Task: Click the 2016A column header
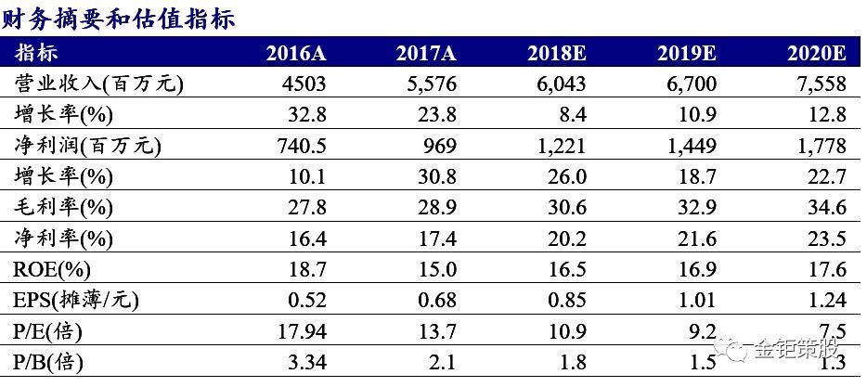pyautogui.click(x=296, y=53)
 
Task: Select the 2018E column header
pyautogui.click(x=556, y=53)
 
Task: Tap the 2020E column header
pyautogui.click(x=816, y=53)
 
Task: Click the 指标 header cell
pyautogui.click(x=36, y=53)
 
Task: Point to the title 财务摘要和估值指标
pyautogui.click(x=119, y=19)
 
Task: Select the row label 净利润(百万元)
pyautogui.click(x=88, y=146)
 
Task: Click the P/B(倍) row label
pyautogui.click(x=49, y=363)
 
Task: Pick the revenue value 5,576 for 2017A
pyautogui.click(x=426, y=84)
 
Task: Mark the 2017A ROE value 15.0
pyautogui.click(x=437, y=270)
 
